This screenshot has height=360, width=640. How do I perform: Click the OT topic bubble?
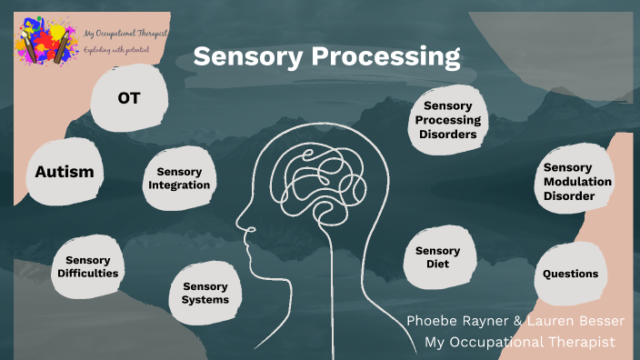click(129, 97)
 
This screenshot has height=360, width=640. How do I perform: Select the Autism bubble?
click(65, 171)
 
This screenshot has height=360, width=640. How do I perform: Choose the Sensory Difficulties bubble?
click(87, 266)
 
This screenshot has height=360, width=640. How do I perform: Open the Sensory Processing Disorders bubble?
click(447, 120)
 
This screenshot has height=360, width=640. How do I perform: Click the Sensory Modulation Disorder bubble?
click(576, 181)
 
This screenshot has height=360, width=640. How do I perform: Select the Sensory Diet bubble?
click(437, 257)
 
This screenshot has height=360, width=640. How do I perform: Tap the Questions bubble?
click(570, 274)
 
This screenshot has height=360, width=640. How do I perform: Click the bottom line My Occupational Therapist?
click(521, 342)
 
